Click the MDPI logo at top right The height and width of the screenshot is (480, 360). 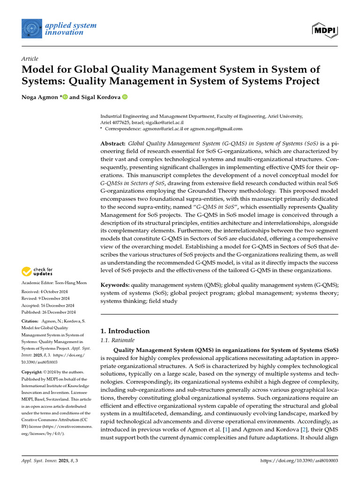click(325, 30)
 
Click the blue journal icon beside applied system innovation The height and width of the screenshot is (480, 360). click(31, 29)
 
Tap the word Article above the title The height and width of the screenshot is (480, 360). click(30, 59)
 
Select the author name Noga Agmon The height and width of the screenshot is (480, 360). click(40, 97)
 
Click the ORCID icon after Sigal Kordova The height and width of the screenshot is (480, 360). click(125, 97)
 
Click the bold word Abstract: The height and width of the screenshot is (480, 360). click(113, 143)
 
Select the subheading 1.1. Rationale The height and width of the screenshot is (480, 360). click(118, 340)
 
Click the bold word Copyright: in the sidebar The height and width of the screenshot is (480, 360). click(34, 372)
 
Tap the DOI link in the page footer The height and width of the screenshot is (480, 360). click(299, 461)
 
